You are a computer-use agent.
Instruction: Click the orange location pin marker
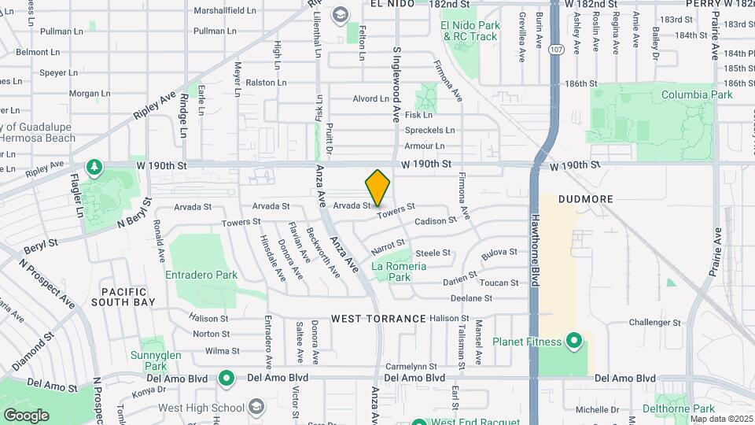click(x=378, y=187)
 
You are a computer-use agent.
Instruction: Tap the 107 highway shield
click(x=556, y=48)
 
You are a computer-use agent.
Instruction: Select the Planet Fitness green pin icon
click(x=574, y=342)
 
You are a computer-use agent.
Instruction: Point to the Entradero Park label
click(x=201, y=275)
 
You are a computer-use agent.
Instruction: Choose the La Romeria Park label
click(x=400, y=272)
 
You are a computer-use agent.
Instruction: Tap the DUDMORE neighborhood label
click(x=585, y=199)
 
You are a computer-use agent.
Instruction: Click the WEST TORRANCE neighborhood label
click(x=378, y=319)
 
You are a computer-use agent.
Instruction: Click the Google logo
click(x=26, y=415)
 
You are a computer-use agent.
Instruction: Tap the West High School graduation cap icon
click(x=255, y=406)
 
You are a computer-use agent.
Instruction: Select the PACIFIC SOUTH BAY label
click(x=123, y=296)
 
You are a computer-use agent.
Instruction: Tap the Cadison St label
click(x=435, y=221)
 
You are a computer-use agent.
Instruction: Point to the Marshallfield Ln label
click(x=225, y=11)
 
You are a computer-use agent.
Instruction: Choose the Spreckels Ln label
click(x=429, y=130)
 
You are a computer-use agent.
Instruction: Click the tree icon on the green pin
click(x=94, y=167)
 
